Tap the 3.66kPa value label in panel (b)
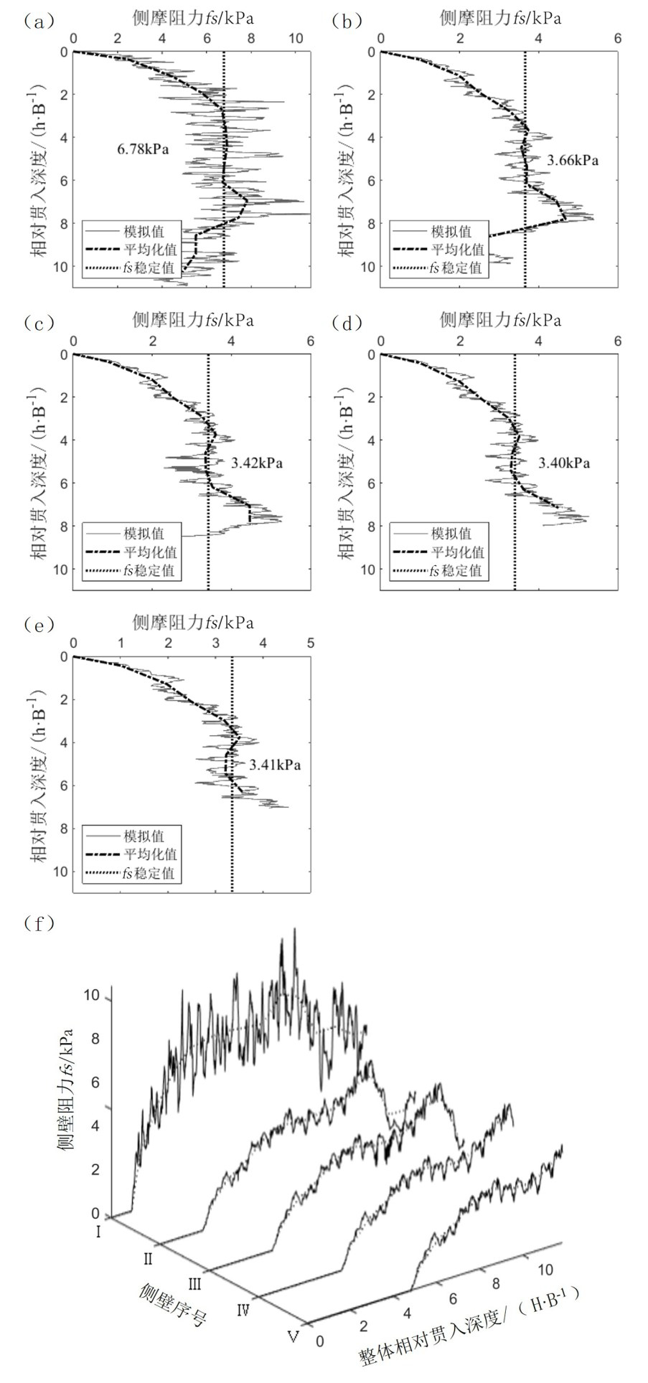(572, 161)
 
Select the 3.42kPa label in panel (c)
(256, 463)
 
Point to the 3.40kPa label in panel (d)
(564, 463)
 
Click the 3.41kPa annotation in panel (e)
(275, 765)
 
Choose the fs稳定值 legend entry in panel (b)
(456, 269)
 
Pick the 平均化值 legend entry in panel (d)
(457, 552)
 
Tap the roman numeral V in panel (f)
(292, 1337)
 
